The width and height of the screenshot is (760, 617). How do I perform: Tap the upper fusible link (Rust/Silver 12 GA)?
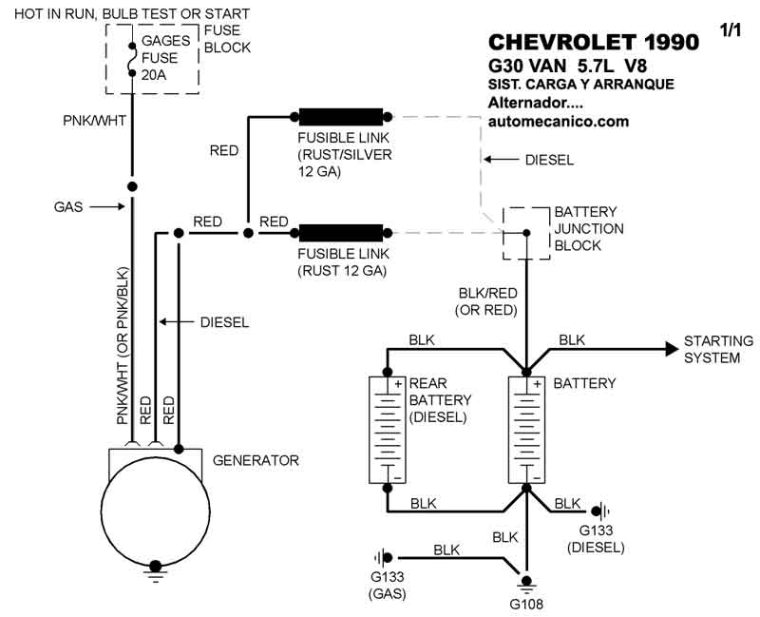point(341,118)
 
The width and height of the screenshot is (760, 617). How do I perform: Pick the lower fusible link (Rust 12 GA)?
point(341,232)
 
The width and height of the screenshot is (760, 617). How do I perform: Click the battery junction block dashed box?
point(525,233)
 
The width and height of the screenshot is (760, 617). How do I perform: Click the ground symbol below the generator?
point(153,573)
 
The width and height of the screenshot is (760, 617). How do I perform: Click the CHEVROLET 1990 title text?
point(593,43)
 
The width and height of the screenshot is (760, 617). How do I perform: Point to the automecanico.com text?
point(558,122)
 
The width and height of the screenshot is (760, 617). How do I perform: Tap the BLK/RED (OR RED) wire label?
point(487,301)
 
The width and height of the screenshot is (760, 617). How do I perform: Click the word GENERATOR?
point(256,460)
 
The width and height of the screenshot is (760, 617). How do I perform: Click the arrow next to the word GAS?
point(109,205)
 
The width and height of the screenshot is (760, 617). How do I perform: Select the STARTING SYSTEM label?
point(718,349)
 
